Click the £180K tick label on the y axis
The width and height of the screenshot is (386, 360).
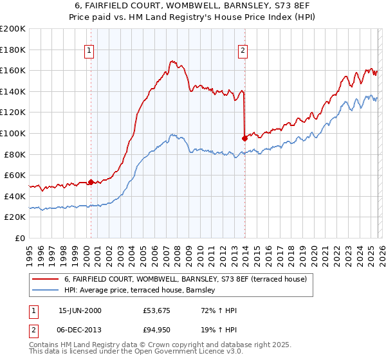pos(13,50)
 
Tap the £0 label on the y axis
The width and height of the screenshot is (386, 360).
pos(20,238)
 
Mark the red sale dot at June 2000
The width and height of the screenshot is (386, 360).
pos(91,182)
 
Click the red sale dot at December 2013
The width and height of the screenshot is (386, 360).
pos(244,138)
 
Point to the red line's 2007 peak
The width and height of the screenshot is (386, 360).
pos(172,61)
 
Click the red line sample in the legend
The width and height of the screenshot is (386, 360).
pos(46,279)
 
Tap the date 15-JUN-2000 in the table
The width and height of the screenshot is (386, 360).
pos(80,311)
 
